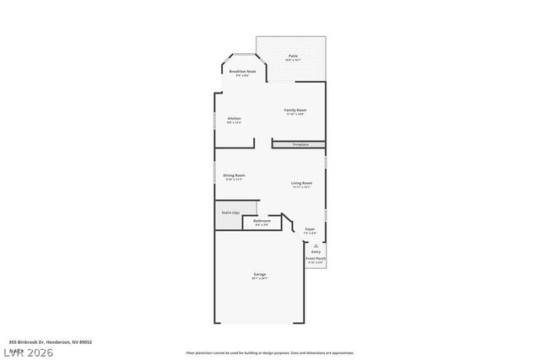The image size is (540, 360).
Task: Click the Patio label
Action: click(293, 56)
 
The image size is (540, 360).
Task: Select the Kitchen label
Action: click(235, 118)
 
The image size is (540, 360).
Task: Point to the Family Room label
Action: click(294, 110)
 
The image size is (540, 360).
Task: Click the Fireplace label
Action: click(300, 145)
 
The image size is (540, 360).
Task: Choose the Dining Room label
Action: click(234, 175)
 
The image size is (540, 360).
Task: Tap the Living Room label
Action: click(302, 183)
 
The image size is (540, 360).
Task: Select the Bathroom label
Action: click(262, 221)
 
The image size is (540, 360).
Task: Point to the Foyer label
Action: click(310, 228)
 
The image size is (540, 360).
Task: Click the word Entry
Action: click(316, 252)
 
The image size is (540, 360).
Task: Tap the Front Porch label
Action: click(316, 259)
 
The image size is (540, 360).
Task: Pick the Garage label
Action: click(260, 274)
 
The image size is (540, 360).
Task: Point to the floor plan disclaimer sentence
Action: click(269, 353)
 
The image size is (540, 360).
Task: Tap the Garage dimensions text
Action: click(260, 278)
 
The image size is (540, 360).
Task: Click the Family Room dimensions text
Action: click(294, 115)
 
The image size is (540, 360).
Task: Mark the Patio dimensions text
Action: click(293, 60)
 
